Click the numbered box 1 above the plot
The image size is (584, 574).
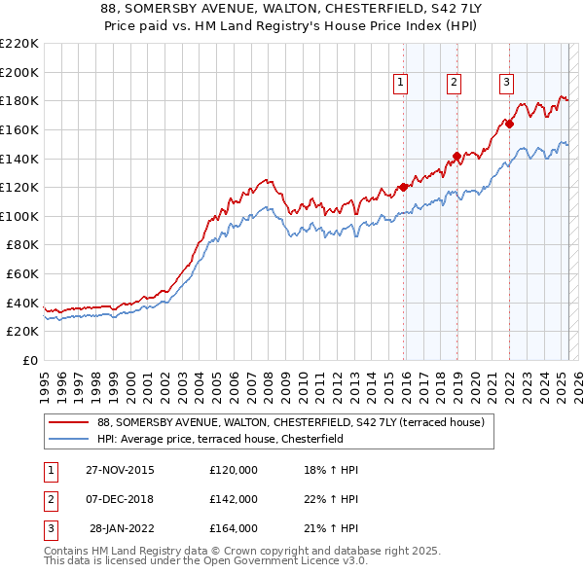pos(401,84)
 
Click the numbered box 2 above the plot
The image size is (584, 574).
pos(455,84)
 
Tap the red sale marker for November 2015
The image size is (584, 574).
pos(404,187)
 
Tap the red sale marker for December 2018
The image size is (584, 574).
pos(456,156)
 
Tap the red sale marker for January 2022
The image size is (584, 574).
pos(509,124)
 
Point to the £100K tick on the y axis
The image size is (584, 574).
pos(39,216)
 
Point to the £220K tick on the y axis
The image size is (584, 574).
pos(39,44)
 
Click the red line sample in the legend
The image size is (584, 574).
pos(68,423)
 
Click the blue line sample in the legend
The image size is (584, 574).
pos(68,439)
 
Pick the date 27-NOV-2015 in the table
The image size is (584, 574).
pos(120,470)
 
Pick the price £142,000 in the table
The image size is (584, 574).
pos(234,499)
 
